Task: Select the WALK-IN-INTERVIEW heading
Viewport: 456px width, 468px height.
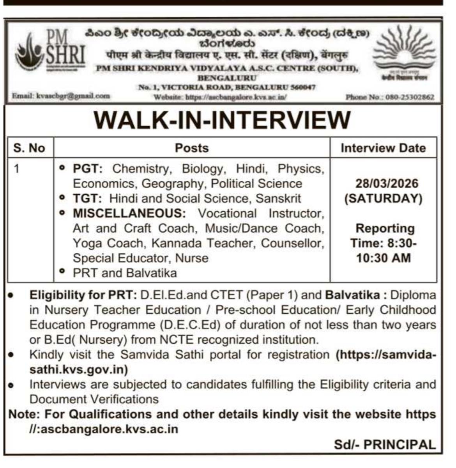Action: (x=222, y=120)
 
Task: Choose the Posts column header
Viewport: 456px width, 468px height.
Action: (x=192, y=148)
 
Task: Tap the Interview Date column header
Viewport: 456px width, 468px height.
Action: (x=383, y=148)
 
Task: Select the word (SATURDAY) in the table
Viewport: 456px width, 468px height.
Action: (x=383, y=198)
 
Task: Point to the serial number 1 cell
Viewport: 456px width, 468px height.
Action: (x=16, y=169)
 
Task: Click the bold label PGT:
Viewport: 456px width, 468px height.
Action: (x=88, y=169)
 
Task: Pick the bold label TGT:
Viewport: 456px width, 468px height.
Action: (x=87, y=198)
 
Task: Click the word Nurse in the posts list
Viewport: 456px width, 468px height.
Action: (x=192, y=258)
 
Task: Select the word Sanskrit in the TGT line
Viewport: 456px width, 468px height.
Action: (x=278, y=198)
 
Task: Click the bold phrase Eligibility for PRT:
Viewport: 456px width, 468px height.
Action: (x=83, y=295)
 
